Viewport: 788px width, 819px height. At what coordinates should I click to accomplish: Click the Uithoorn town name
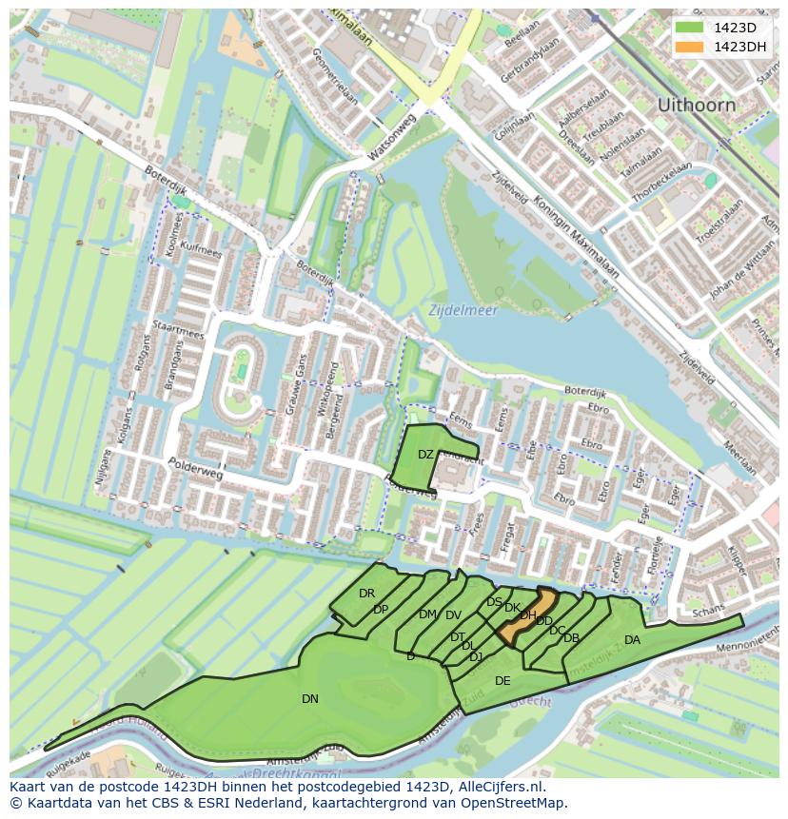696,105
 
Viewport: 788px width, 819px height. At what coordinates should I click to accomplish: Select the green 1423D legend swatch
688,28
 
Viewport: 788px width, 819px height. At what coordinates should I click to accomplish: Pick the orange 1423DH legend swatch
688,47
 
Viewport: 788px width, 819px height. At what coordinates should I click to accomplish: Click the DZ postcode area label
425,455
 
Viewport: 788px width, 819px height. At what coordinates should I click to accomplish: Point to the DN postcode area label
310,699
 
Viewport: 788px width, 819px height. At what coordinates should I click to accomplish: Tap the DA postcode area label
632,640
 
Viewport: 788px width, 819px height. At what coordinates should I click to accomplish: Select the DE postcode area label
502,681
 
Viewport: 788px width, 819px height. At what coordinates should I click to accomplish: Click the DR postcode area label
366,594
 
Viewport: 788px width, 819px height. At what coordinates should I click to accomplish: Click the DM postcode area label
427,614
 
